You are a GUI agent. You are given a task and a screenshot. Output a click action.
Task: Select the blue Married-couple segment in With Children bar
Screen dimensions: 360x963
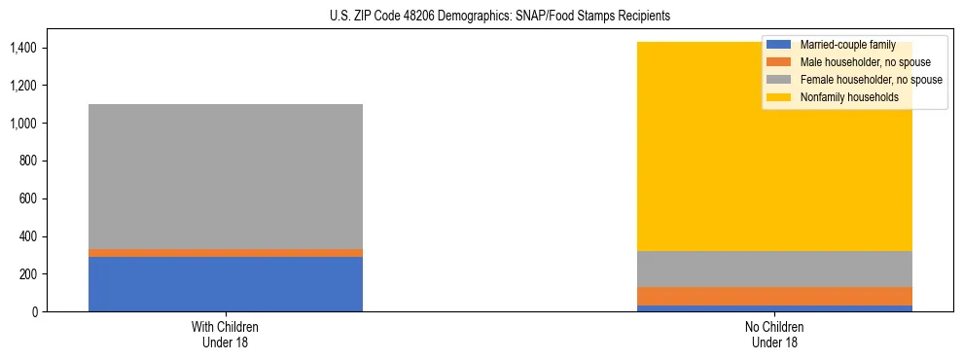coord(226,284)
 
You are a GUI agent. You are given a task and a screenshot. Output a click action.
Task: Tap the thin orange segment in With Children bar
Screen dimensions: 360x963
coord(226,253)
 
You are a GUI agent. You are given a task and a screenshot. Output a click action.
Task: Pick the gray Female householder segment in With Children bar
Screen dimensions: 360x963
coord(226,176)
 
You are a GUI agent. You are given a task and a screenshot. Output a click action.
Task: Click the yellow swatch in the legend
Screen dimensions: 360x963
coord(779,97)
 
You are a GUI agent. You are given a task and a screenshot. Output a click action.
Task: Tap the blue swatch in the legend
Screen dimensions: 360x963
coord(779,45)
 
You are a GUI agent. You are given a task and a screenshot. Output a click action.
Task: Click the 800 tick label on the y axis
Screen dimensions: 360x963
coord(27,161)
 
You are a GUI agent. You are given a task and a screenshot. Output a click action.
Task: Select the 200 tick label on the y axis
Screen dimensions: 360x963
coord(27,274)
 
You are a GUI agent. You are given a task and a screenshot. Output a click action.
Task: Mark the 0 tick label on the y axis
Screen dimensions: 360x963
coord(34,312)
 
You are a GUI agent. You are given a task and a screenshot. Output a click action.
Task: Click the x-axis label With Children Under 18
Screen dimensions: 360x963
coord(226,334)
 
